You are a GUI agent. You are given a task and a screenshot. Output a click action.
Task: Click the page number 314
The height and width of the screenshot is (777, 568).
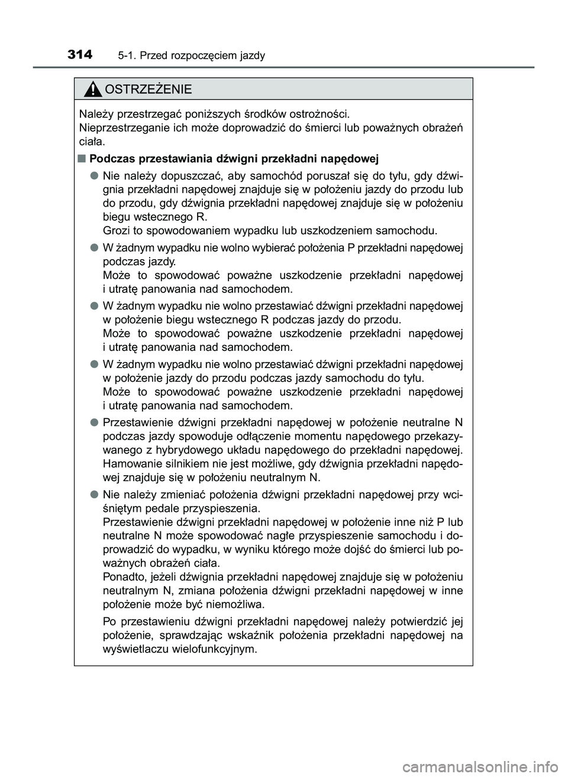click(80, 55)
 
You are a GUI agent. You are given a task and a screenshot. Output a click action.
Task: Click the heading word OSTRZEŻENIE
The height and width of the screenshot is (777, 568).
click(147, 89)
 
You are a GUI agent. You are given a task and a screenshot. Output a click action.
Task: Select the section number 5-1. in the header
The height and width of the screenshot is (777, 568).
click(128, 56)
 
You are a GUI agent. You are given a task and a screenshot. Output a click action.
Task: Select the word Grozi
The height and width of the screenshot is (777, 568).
click(116, 230)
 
